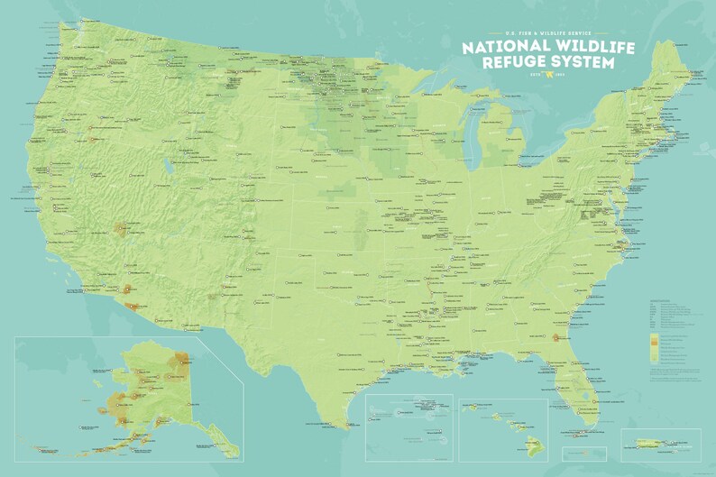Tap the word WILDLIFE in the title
(x=585, y=47)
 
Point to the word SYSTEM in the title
(x=587, y=62)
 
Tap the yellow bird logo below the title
(x=546, y=77)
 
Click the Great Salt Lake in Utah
(x=168, y=166)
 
